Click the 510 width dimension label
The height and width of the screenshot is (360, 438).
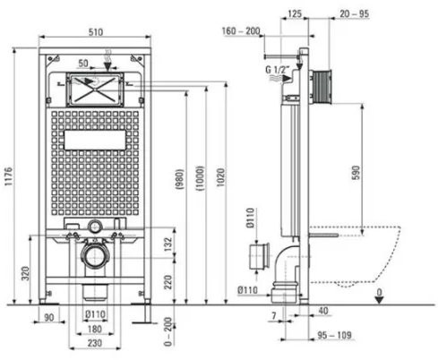pyautogui.click(x=96, y=32)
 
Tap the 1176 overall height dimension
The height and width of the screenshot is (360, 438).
pyautogui.click(x=8, y=176)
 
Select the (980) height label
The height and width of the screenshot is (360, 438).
pyautogui.click(x=179, y=180)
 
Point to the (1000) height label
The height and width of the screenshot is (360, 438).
pyautogui.click(x=200, y=178)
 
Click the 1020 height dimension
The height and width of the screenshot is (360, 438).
pyautogui.click(x=220, y=177)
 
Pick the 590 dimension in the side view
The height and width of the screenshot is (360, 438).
pyautogui.click(x=356, y=173)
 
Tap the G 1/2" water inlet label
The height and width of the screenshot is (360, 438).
pyautogui.click(x=278, y=70)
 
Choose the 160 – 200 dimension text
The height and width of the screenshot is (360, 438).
pyautogui.click(x=241, y=30)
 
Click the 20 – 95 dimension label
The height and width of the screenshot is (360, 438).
pyautogui.click(x=354, y=13)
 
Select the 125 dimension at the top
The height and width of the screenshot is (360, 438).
pyautogui.click(x=295, y=13)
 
